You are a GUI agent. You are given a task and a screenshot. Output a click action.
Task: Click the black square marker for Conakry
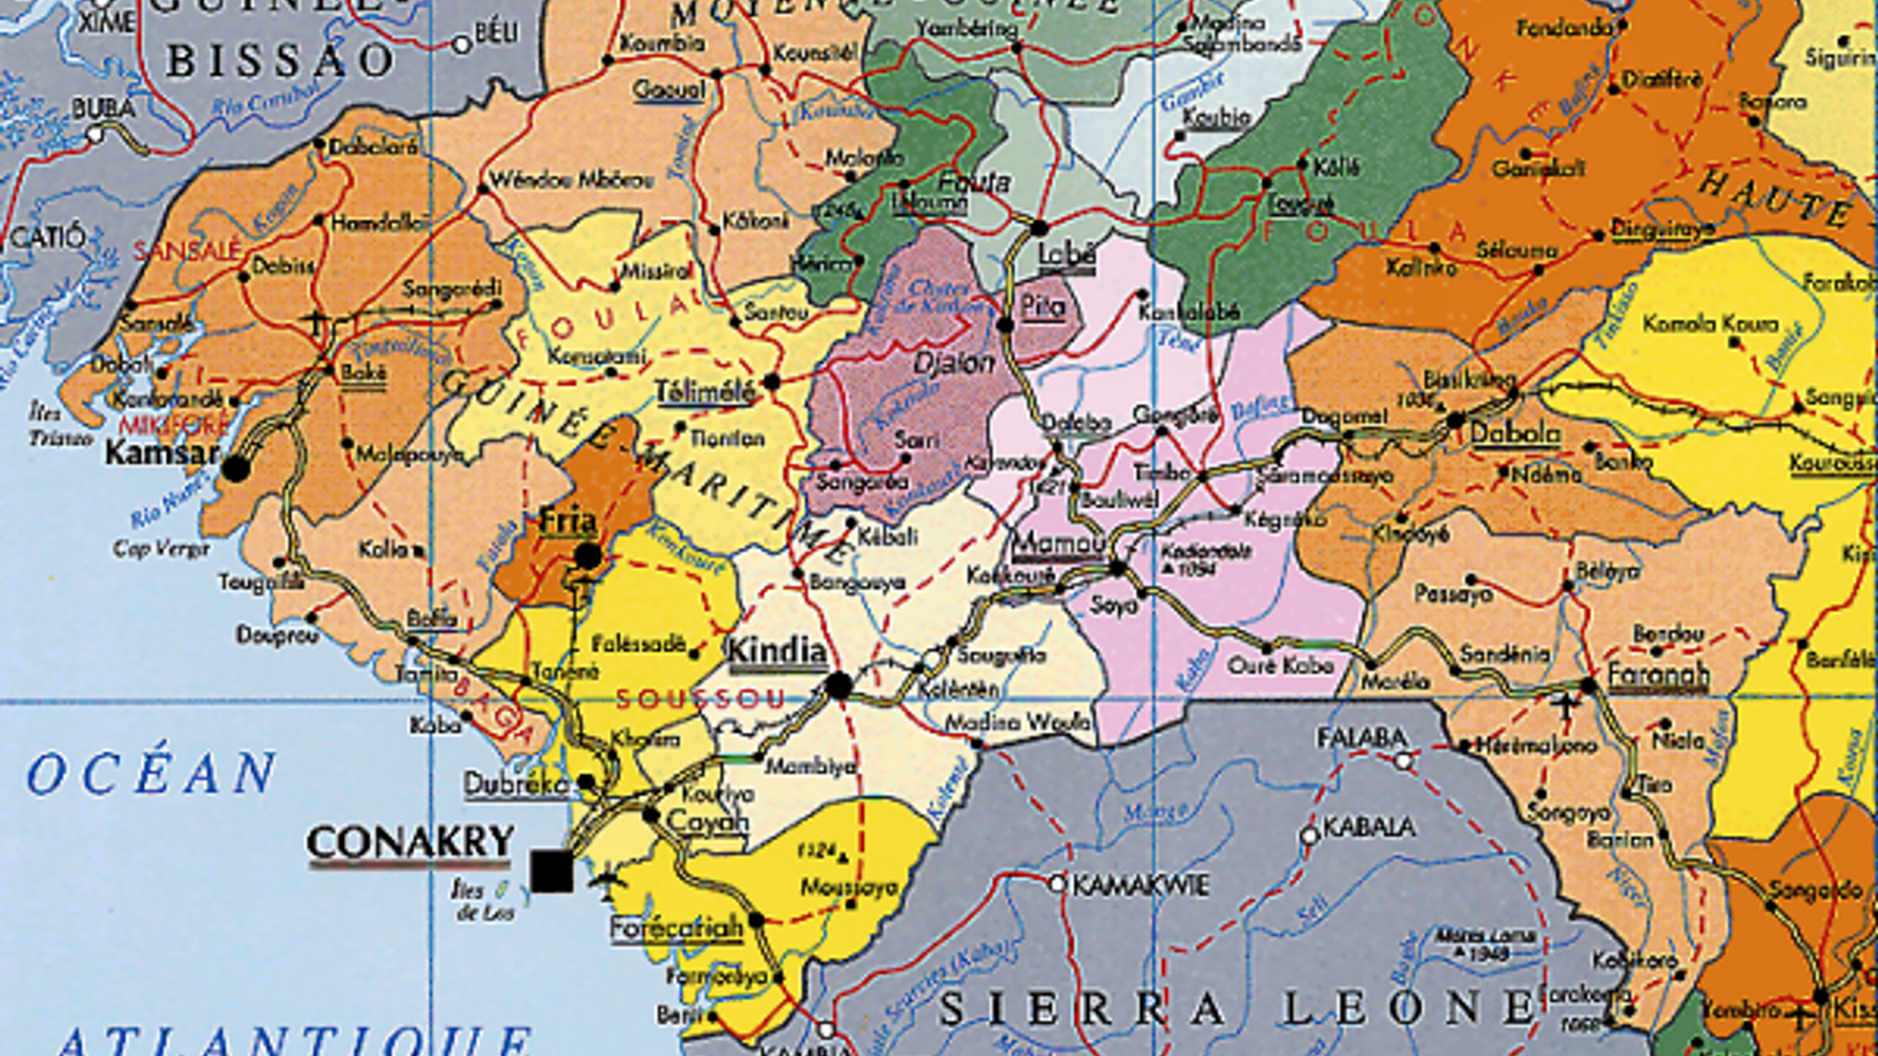[x=552, y=870]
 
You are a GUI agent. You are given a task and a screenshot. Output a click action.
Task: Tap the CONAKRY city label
[x=410, y=842]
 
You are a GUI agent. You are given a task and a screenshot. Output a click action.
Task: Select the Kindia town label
[x=777, y=651]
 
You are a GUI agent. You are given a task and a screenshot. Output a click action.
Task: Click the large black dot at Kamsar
[x=236, y=468]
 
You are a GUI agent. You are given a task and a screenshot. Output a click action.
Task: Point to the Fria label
[x=568, y=521]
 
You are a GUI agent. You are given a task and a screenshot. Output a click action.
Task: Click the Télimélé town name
[x=704, y=392]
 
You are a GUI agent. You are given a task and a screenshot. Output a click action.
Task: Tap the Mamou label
[x=1058, y=544]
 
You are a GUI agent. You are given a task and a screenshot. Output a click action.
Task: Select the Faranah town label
[x=1658, y=674]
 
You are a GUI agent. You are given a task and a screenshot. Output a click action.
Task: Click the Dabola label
[x=1515, y=432]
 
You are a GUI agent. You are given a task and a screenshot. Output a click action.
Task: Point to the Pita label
[x=1042, y=307]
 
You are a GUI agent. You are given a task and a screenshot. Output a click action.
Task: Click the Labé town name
[x=1066, y=254]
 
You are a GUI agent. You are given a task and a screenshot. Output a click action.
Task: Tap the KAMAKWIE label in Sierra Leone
[x=1140, y=886]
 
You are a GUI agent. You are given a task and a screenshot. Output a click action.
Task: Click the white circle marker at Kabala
[x=1310, y=835]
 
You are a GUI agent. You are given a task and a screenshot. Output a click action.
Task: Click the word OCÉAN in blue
[x=152, y=774]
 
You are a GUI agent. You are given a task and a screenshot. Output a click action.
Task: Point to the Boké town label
[x=363, y=373]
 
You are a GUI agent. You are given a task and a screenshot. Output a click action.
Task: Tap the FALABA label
[x=1361, y=738]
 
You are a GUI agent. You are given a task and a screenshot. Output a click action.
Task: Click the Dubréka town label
[x=514, y=784]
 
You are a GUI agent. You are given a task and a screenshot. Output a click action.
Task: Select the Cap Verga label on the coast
[x=161, y=549]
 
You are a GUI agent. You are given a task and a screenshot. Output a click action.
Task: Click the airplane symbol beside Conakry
[x=607, y=877]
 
